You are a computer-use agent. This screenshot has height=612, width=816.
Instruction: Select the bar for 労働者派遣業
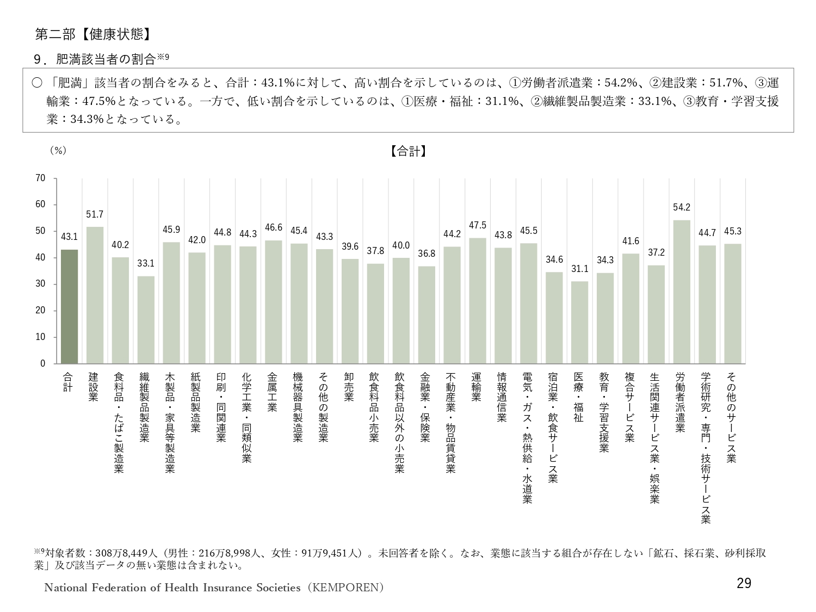pyautogui.click(x=682, y=292)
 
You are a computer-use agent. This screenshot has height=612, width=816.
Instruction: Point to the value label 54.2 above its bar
pyautogui.click(x=682, y=207)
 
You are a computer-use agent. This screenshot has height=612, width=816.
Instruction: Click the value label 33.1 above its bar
pyautogui.click(x=146, y=263)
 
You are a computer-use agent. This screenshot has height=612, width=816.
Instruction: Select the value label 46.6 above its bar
pyautogui.click(x=274, y=227)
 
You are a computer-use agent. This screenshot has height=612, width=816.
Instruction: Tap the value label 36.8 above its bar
pyautogui.click(x=426, y=254)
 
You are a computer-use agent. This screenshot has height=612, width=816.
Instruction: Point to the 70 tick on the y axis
pyautogui.click(x=40, y=178)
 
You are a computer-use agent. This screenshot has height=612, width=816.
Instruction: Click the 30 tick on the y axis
pyautogui.click(x=40, y=284)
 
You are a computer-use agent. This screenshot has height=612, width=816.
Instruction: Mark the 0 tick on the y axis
pyautogui.click(x=43, y=363)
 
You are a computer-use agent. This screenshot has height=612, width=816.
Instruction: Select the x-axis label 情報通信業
pyautogui.click(x=503, y=397)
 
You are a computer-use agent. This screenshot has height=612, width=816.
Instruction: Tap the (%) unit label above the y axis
pyautogui.click(x=58, y=151)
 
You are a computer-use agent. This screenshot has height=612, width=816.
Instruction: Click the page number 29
pyautogui.click(x=744, y=584)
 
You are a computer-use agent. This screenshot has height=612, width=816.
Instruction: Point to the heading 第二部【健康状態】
pyautogui.click(x=92, y=34)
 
